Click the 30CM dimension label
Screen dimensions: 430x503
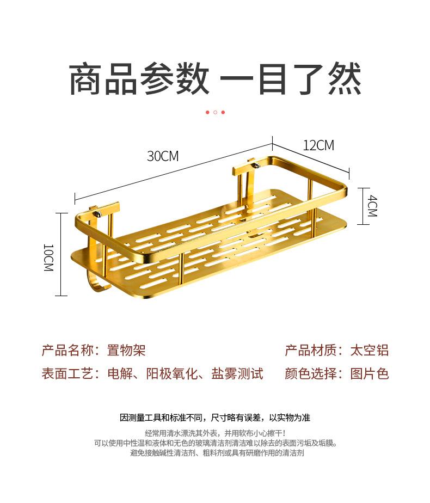point(163,156)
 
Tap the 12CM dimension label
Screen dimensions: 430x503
point(318,145)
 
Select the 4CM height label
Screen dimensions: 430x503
point(372,205)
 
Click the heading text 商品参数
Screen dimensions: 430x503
point(139,79)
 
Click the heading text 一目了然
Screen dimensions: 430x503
point(290,79)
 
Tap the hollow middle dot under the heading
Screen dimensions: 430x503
point(215,112)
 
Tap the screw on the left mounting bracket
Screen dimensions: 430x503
point(98,214)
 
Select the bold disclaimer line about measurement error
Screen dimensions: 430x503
point(215,418)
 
